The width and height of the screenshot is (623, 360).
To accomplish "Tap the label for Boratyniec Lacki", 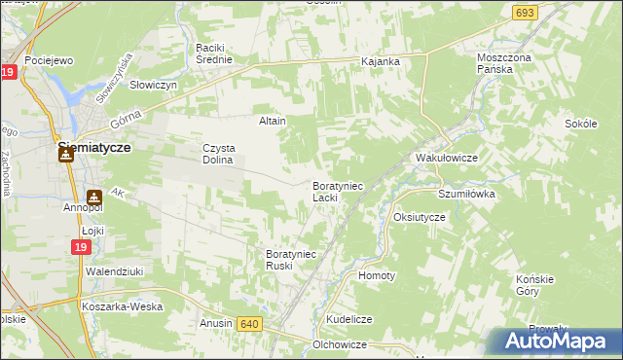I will pos(337,191).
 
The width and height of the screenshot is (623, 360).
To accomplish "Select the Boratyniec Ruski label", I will pos(292,260).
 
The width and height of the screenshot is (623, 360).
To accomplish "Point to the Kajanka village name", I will pos(381,61).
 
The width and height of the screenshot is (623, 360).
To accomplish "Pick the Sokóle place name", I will pos(580,124).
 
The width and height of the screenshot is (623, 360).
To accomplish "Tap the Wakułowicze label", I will pos(445,157).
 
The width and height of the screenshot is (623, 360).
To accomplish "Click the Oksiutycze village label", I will pos(419,217).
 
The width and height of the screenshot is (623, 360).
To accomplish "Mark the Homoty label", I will pos(377,275).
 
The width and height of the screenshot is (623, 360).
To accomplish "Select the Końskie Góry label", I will pos(534,285).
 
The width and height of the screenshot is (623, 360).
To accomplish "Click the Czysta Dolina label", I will pos(218,154).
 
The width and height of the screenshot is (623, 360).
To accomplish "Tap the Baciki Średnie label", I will pos(214,54).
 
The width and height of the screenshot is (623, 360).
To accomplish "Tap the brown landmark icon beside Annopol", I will pos(94,196).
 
